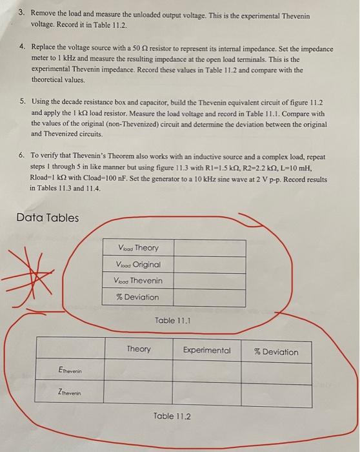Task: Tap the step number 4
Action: coord(21,49)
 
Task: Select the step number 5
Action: coord(21,101)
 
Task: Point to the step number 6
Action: coord(21,156)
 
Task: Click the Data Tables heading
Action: coord(48,217)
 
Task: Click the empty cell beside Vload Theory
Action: coord(209,248)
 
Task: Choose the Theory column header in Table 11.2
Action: coord(139,349)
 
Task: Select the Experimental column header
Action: coord(206,350)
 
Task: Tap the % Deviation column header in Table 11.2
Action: coord(276,352)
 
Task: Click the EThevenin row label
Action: coord(69,371)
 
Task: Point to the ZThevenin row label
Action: coord(69,393)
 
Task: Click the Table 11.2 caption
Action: coord(172,416)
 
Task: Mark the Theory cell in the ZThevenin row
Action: coord(139,392)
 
